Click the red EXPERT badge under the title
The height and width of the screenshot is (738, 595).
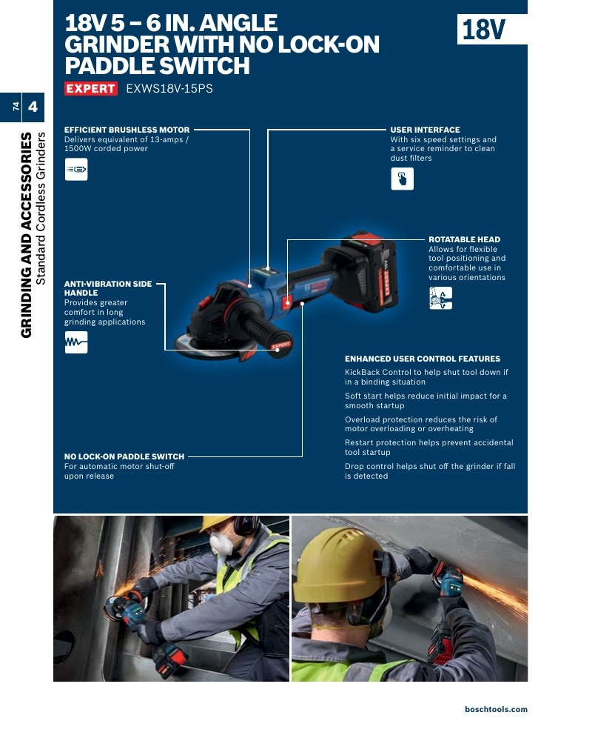(91, 88)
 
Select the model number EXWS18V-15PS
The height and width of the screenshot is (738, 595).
(169, 88)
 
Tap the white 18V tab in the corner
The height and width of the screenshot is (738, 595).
(491, 29)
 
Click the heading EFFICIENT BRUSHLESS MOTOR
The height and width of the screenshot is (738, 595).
(127, 130)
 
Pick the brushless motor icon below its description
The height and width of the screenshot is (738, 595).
(76, 170)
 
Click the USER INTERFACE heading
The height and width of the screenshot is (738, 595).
(425, 130)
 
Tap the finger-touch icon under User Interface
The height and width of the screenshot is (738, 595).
(403, 179)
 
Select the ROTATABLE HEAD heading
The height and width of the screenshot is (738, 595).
(464, 239)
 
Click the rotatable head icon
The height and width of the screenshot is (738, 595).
(441, 299)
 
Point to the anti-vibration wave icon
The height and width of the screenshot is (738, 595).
(76, 342)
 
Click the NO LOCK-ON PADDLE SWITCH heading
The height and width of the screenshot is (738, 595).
(124, 456)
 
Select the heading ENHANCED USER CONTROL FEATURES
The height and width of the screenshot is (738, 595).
(423, 359)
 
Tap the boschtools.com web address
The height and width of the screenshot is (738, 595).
(497, 709)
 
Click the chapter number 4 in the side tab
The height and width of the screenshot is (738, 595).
(33, 107)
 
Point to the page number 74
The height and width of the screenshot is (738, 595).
(16, 107)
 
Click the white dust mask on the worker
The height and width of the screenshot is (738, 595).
(221, 542)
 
